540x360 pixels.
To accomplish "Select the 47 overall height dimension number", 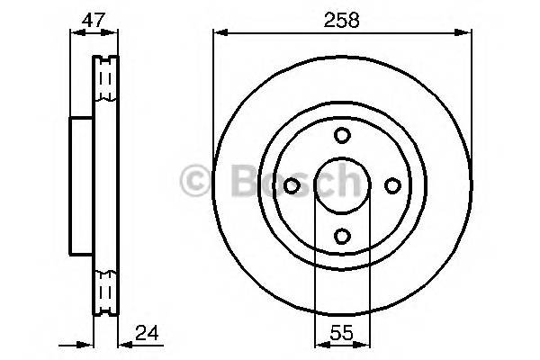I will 93,19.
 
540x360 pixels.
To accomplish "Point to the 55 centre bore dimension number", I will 342,332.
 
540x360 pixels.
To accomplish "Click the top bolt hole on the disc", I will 342,135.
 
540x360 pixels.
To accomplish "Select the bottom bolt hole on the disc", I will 342,236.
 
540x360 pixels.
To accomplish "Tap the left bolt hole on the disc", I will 292,185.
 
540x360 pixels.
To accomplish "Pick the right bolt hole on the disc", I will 392,185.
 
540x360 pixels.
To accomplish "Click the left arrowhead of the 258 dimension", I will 219,33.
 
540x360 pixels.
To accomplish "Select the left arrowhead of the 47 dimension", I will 75,33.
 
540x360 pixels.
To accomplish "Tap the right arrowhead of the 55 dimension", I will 364,344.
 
